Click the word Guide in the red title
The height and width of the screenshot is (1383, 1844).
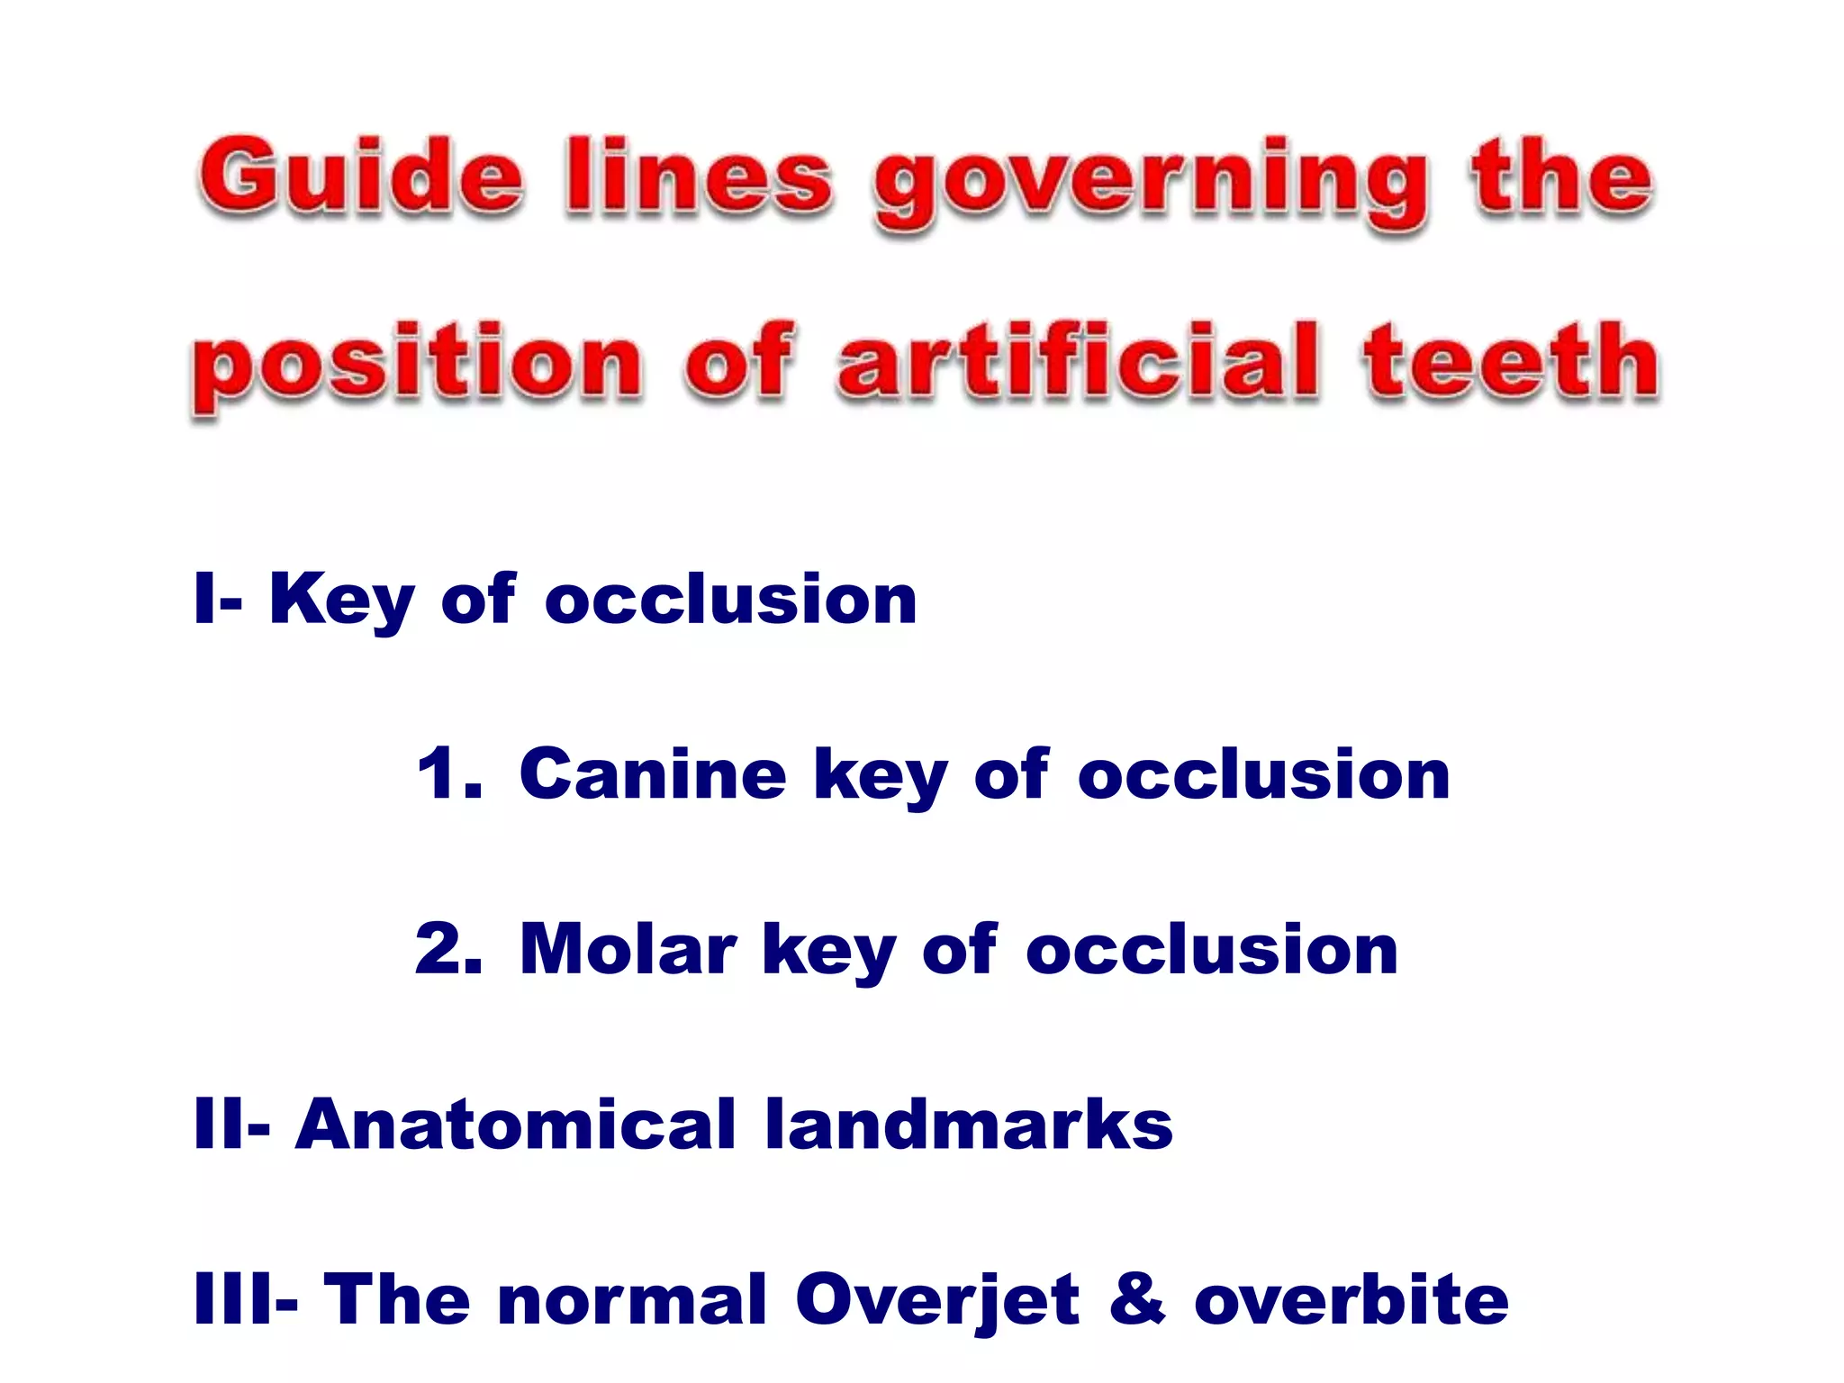pyautogui.click(x=360, y=176)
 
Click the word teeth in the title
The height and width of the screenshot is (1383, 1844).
pyautogui.click(x=1511, y=362)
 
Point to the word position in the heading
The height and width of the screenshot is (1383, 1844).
pyautogui.click(x=417, y=367)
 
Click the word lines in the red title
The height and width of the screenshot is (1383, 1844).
pyautogui.click(x=699, y=176)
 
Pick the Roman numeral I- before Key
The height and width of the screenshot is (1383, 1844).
pyautogui.click(x=217, y=599)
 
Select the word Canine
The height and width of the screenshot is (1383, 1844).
pyautogui.click(x=653, y=774)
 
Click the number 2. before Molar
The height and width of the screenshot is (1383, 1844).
pyautogui.click(x=447, y=949)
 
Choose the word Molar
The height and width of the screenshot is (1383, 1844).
pyautogui.click(x=628, y=949)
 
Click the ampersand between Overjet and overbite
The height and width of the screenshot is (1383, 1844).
pyautogui.click(x=1137, y=1299)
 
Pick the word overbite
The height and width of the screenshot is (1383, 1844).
pyautogui.click(x=1351, y=1299)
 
